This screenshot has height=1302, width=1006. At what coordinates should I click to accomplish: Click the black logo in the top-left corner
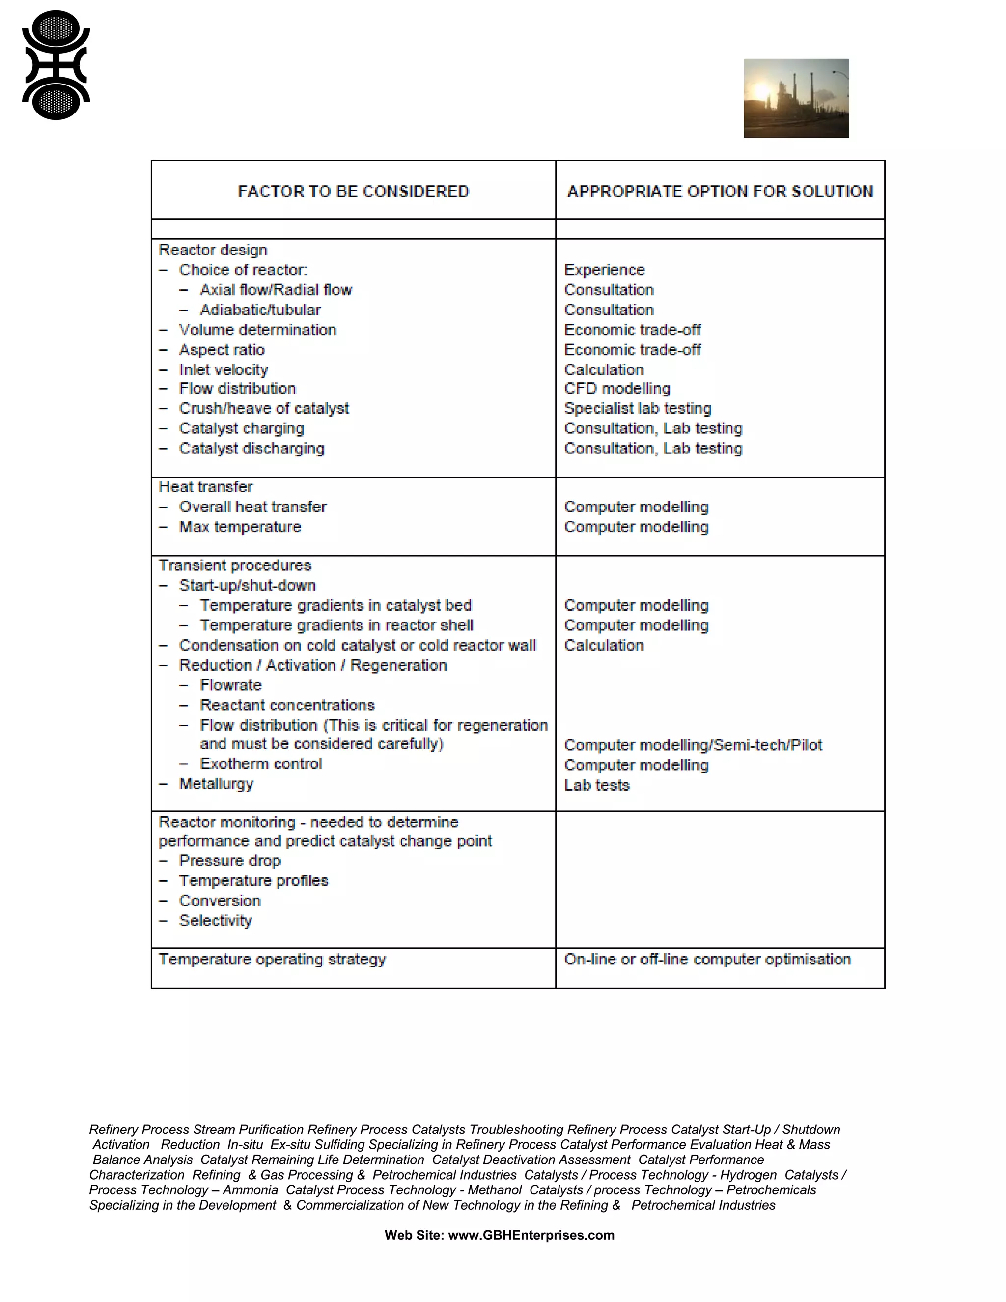[x=56, y=65]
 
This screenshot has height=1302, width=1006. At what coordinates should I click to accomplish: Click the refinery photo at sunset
[x=796, y=98]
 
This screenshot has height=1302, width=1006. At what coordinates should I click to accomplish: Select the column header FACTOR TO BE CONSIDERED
[x=353, y=191]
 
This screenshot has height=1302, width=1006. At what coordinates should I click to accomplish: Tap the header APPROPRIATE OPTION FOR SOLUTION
[x=720, y=191]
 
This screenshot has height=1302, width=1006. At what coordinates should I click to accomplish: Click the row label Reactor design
[x=213, y=250]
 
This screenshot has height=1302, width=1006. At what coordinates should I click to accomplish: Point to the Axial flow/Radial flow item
[x=276, y=290]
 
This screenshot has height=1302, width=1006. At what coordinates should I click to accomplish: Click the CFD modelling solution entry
[x=617, y=389]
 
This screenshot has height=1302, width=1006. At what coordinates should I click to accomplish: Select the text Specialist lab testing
[x=638, y=408]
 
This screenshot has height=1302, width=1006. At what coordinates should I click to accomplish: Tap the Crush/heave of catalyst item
[x=264, y=408]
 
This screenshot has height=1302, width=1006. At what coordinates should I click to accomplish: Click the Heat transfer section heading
[x=206, y=487]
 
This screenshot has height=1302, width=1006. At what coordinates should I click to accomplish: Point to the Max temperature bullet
[x=240, y=527]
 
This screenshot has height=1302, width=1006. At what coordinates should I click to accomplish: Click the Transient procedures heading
[x=235, y=565]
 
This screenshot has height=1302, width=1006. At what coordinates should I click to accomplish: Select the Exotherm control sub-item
[x=261, y=764]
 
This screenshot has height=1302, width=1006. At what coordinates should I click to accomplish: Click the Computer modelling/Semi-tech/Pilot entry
[x=693, y=745]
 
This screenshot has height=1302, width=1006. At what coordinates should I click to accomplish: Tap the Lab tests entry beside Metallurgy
[x=596, y=785]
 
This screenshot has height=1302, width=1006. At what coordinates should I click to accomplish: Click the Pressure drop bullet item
[x=230, y=861]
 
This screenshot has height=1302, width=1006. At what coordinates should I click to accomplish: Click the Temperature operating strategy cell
[x=272, y=959]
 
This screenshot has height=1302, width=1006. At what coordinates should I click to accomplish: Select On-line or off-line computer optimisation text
[x=707, y=959]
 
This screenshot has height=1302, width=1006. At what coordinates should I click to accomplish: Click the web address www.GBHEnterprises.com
[x=531, y=1235]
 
